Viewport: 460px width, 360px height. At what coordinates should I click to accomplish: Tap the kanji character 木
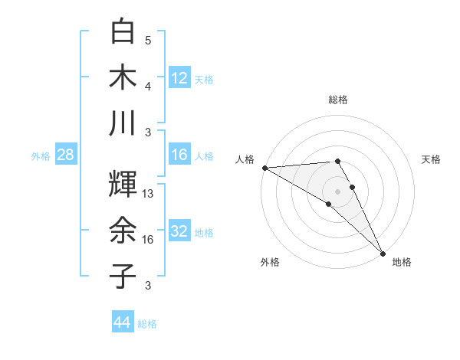click(123, 78)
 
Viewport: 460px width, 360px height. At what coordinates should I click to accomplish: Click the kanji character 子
click(123, 275)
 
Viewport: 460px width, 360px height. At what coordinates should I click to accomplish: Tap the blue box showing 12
click(179, 78)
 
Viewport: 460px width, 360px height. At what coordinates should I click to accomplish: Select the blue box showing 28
click(65, 155)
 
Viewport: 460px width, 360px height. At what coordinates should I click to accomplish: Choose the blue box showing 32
click(179, 231)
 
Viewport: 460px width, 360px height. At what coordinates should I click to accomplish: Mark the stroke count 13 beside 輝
click(149, 195)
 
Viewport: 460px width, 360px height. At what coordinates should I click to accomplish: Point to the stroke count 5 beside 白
click(148, 41)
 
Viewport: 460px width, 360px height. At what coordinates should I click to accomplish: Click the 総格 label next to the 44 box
click(147, 324)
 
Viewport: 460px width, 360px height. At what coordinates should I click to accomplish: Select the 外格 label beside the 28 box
click(41, 156)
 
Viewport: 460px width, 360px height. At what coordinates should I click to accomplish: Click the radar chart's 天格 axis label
click(431, 159)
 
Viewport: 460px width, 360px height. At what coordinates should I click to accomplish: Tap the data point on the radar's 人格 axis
click(264, 168)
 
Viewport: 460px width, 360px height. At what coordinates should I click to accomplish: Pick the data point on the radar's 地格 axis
click(381, 252)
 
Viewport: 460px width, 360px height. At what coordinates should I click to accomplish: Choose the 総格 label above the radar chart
click(337, 100)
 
